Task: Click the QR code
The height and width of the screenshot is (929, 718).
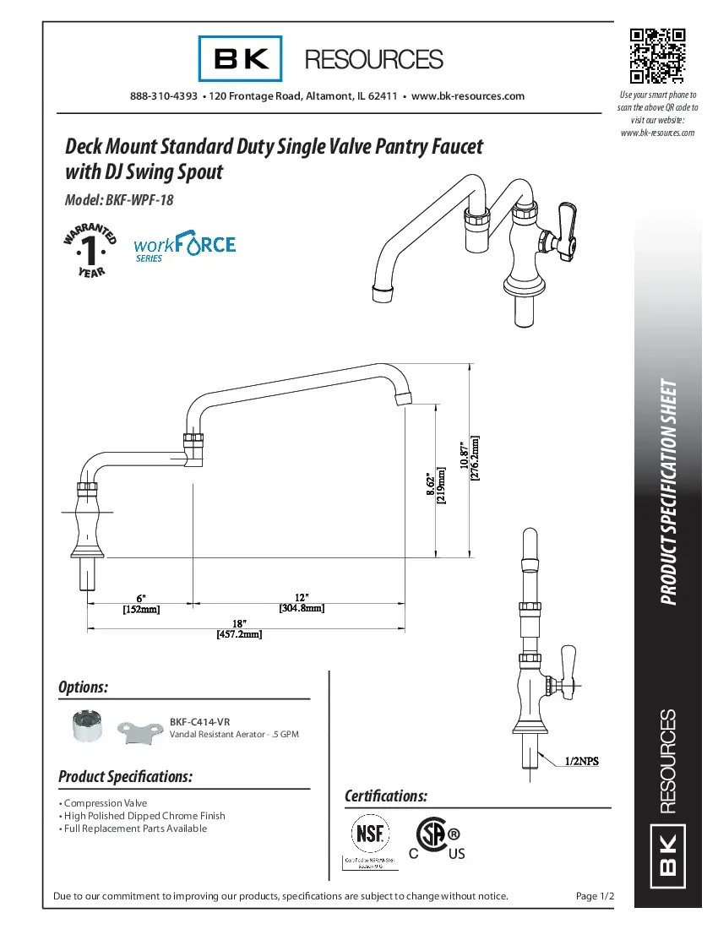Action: coord(657,57)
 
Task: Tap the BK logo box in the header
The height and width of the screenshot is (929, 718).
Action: coord(242,59)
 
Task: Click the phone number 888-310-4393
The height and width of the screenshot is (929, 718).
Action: coord(164,96)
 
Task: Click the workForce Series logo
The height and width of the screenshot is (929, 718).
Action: coord(184,247)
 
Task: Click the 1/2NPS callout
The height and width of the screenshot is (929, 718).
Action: coord(581,761)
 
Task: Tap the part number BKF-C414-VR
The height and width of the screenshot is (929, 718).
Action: coord(199,722)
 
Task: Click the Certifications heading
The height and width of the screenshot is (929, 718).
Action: coord(386,796)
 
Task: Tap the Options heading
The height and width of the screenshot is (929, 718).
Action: coord(83,687)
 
